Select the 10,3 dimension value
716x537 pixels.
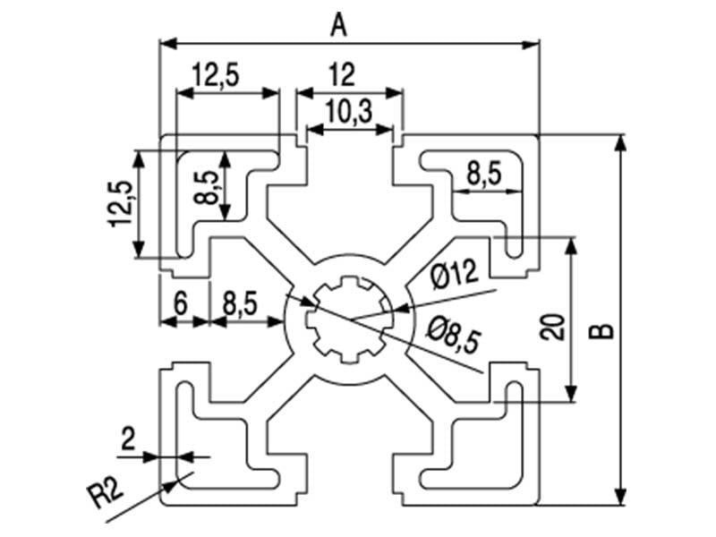[x=350, y=112]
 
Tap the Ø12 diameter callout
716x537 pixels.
[x=455, y=274]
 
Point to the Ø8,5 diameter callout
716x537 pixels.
[x=454, y=335]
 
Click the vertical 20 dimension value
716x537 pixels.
[x=552, y=327]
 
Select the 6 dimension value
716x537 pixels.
[x=181, y=303]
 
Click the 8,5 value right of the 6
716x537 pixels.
[x=240, y=303]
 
